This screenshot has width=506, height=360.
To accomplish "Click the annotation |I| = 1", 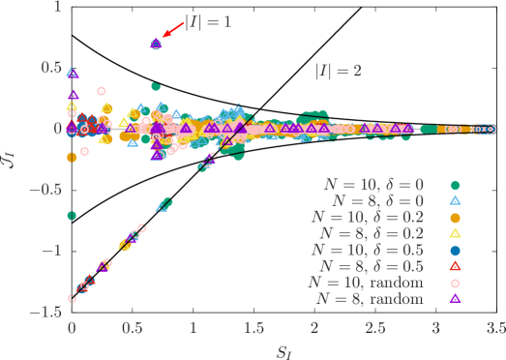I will [x=207, y=19].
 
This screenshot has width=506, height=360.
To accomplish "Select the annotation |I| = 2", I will [x=338, y=71].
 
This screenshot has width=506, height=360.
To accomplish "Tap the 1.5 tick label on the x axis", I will [x=253, y=328].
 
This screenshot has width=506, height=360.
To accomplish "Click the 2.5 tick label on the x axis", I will [x=375, y=328].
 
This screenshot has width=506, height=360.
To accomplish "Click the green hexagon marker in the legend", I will [x=455, y=184].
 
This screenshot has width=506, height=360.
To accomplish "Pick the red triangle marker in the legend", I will [x=455, y=265].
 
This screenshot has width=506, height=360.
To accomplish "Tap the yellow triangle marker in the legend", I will [x=455, y=232].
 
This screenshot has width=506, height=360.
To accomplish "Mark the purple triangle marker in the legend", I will [x=455, y=298].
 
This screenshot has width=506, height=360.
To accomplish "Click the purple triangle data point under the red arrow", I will [x=156, y=44].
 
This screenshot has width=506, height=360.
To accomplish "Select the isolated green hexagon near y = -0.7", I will [x=72, y=215].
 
